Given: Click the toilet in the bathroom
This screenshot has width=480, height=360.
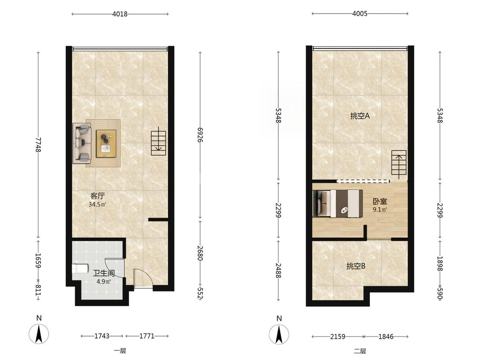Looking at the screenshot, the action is tap(80, 268).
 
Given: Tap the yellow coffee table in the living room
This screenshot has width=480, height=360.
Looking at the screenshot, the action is tap(106, 144).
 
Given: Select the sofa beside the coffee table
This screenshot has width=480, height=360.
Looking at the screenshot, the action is tap(82, 143).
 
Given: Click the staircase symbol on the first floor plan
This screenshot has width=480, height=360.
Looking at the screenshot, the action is tap(158, 141).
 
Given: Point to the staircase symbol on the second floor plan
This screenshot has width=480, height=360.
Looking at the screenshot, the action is tap(399, 164).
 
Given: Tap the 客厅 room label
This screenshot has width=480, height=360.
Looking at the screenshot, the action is tap(97, 196).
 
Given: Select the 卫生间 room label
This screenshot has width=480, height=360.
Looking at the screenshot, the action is tap(104, 273).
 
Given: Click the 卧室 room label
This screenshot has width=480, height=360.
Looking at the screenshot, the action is tap(380, 201).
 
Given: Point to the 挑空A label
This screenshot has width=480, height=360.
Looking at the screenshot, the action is tap(360, 116).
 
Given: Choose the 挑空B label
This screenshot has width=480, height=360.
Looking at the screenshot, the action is tap(356, 266).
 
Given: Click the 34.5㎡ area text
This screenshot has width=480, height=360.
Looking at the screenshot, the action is tap(97, 204).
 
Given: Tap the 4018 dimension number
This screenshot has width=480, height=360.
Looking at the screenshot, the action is tap(120, 14).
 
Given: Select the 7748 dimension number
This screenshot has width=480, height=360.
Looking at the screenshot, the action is tap(38, 144).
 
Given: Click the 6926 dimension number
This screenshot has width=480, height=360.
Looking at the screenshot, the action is tap(200, 135).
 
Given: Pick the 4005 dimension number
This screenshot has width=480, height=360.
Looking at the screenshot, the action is tap(360, 14).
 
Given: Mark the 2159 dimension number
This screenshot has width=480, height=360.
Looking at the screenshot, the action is tap(337, 337).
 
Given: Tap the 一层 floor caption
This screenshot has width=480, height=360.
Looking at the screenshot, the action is tap(120, 351).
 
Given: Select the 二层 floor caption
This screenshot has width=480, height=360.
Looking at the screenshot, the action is tap(360, 351).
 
